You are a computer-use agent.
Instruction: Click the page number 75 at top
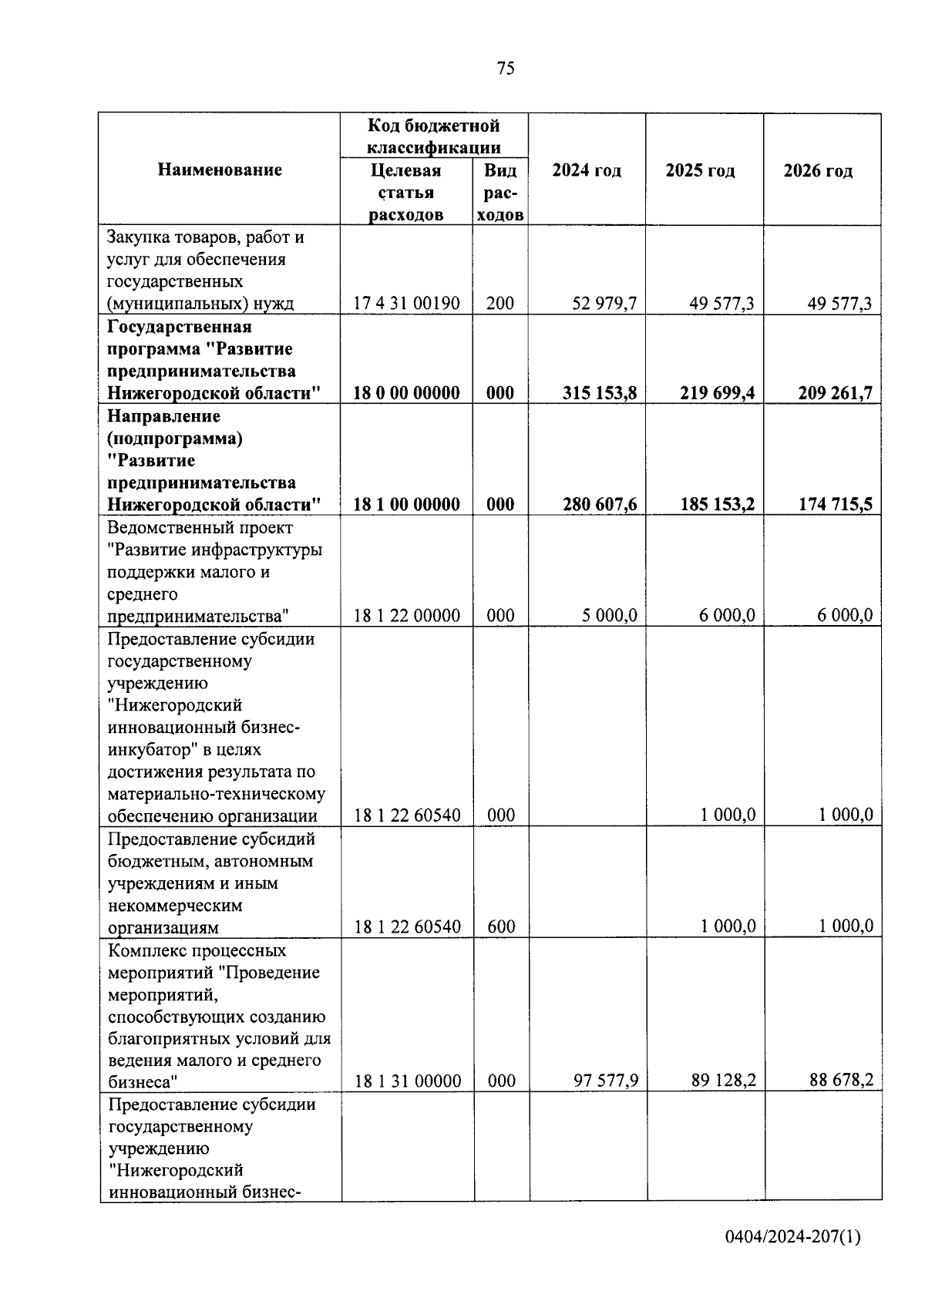(x=506, y=69)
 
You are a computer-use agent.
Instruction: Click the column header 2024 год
(x=587, y=170)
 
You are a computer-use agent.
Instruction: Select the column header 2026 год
(x=818, y=171)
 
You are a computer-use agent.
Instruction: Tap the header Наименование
(x=220, y=170)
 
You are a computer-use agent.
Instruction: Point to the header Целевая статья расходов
(x=405, y=192)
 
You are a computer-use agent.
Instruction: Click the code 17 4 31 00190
(x=406, y=304)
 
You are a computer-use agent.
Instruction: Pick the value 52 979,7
(x=604, y=304)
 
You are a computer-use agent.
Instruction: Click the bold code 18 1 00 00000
(x=406, y=505)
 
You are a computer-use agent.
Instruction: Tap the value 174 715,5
(x=835, y=505)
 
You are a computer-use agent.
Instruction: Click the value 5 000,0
(x=610, y=616)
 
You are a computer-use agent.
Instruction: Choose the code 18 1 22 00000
(x=406, y=616)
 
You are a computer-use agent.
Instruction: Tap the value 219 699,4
(x=717, y=393)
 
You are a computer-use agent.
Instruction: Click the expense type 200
(x=500, y=304)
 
